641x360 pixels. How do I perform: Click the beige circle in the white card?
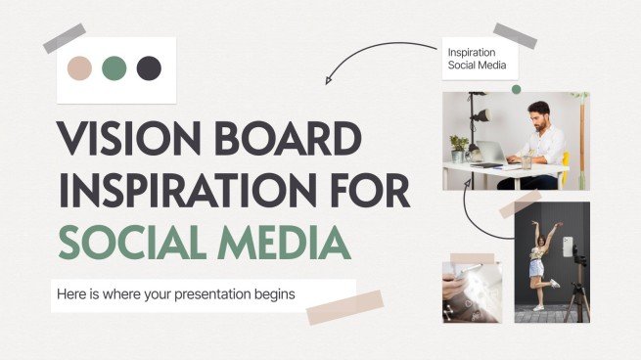coord(80,67)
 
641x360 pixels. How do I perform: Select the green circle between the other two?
coord(114,67)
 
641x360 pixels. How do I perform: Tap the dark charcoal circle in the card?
coord(148,67)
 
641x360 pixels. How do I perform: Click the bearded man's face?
coord(537,113)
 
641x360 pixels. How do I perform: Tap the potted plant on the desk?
coord(458,147)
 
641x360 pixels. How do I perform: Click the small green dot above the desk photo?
coord(516,89)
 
